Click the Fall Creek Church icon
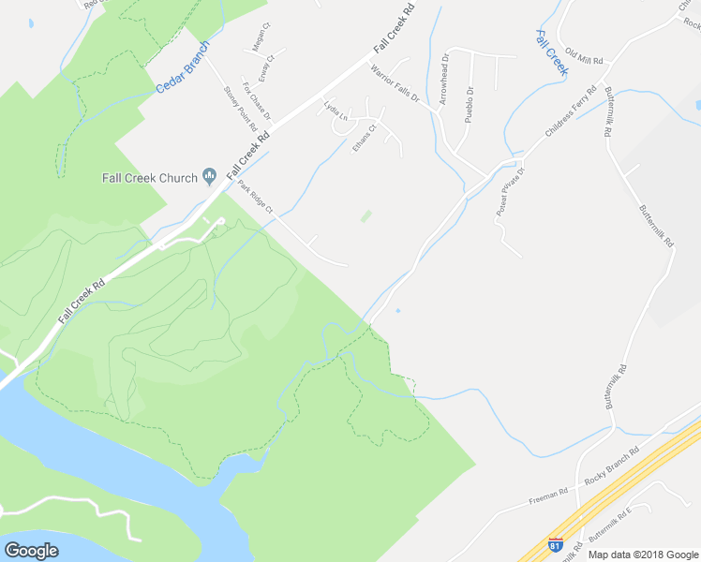pos(210,176)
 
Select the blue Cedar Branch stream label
pos(183,68)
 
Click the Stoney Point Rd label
pos(240,109)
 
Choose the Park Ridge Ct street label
pos(256,197)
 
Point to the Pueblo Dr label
pos(470,106)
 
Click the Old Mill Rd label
pos(584,59)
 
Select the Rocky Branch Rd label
pos(611,464)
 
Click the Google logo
pos(32,550)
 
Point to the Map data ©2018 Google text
pos(643,555)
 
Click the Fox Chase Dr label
pos(257,101)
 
